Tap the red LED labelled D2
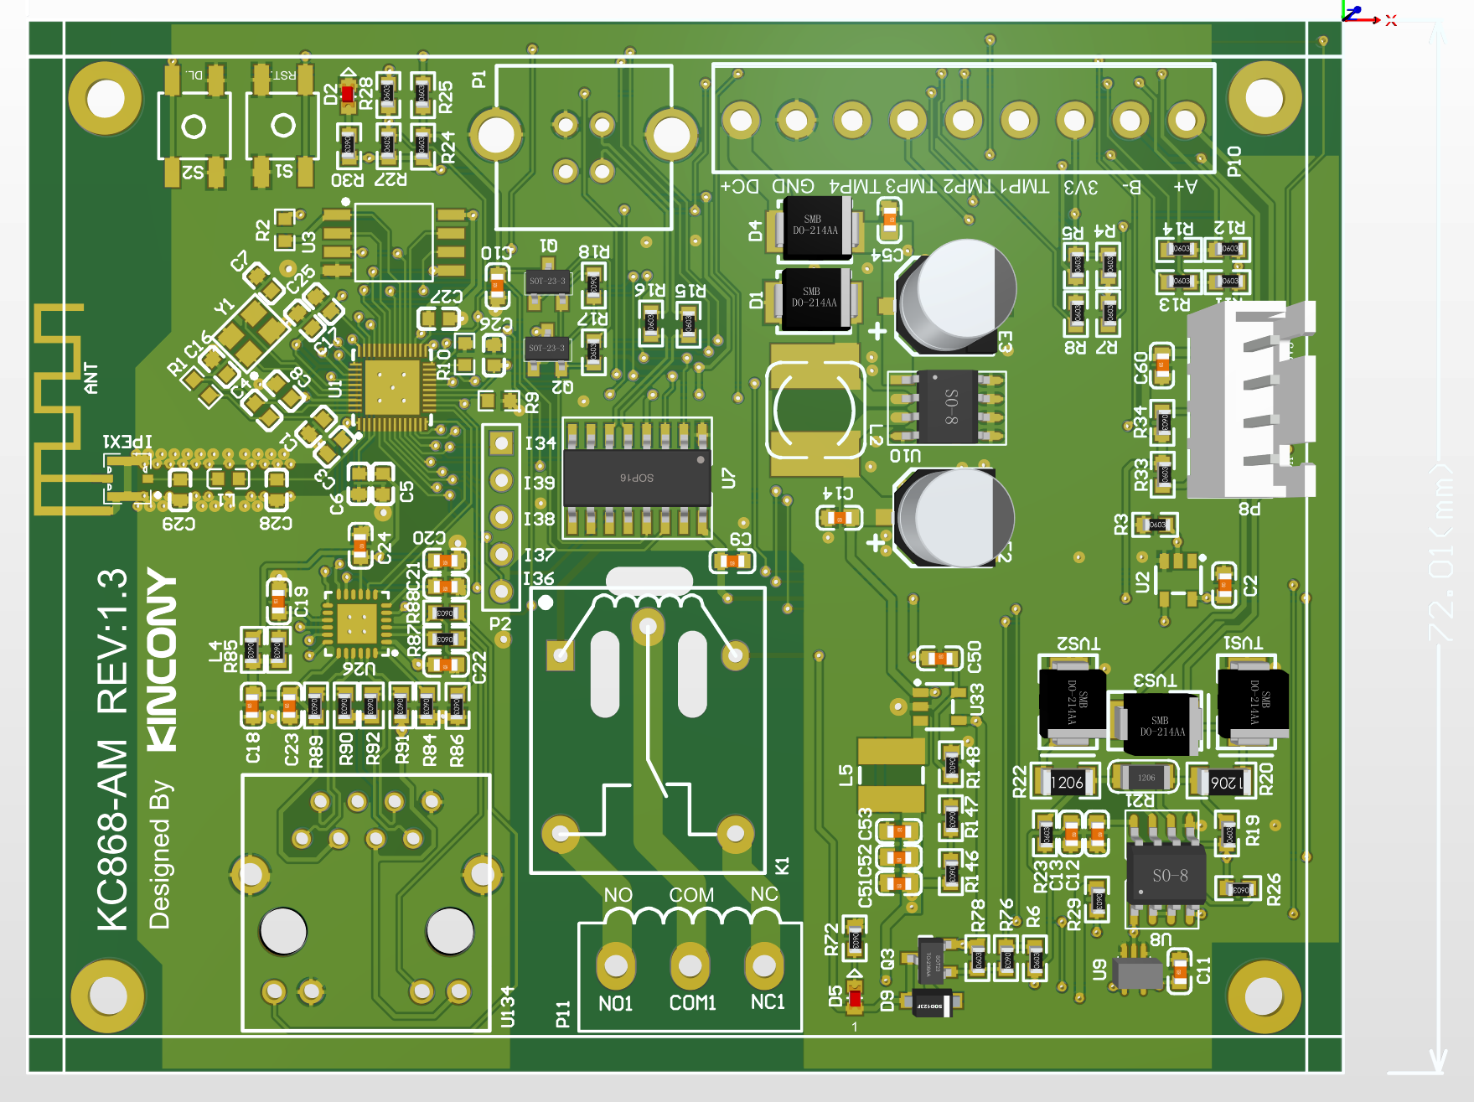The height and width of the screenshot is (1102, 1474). pos(347,94)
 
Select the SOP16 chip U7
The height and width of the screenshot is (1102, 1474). pos(637,477)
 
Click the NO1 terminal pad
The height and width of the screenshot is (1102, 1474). pos(616,965)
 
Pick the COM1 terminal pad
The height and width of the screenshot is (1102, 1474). pos(690,965)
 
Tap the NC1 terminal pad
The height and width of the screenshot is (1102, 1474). pos(763,965)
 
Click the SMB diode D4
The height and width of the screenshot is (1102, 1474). pos(816,225)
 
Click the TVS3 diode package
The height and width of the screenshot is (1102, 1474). pos(1160,724)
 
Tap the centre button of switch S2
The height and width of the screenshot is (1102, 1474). pos(194,127)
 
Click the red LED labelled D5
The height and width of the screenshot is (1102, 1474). pos(855,997)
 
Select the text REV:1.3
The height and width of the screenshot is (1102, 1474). pos(112,641)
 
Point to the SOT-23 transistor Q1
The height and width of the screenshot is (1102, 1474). pos(547,281)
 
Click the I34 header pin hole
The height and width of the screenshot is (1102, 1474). pos(501,442)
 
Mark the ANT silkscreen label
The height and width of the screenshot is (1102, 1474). pos(91,378)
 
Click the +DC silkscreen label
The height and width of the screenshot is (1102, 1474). pos(740,186)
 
